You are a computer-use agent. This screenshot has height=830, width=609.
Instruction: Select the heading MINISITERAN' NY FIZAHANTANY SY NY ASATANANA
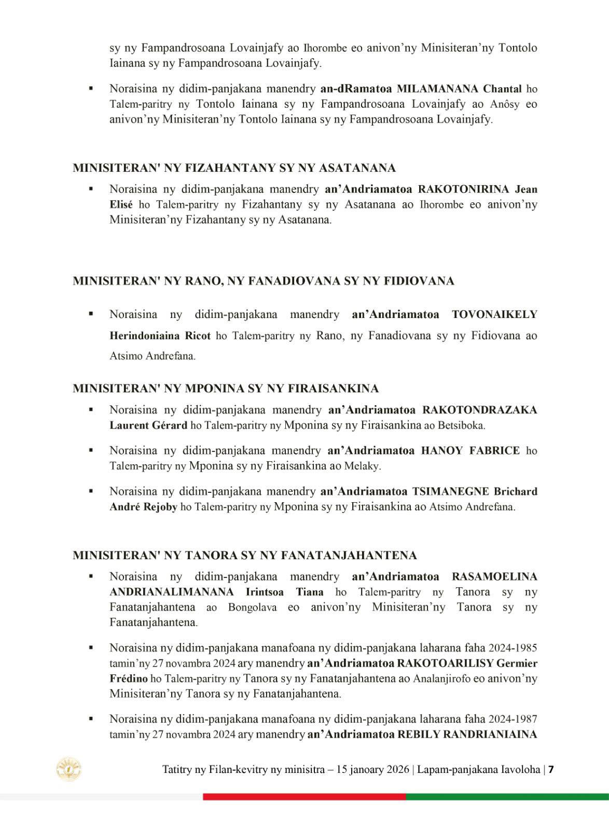point(234,168)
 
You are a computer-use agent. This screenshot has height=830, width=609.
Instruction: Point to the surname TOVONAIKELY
point(494,314)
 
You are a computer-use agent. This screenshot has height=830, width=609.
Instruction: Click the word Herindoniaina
point(145,336)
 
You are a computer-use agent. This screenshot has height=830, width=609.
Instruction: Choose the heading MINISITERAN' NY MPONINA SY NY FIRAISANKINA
point(226,389)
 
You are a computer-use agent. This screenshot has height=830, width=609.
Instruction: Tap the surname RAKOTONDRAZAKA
point(480,410)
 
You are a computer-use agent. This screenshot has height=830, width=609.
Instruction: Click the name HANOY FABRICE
point(470,450)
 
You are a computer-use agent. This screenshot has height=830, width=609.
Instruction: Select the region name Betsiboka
point(461,425)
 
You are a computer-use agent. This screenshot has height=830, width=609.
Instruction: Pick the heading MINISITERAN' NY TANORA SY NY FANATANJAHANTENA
point(244,556)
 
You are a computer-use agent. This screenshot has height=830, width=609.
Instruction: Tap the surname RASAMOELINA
point(494,577)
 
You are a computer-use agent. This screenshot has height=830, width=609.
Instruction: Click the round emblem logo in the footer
point(69,769)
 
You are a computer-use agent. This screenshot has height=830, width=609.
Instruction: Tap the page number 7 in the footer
point(551,770)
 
